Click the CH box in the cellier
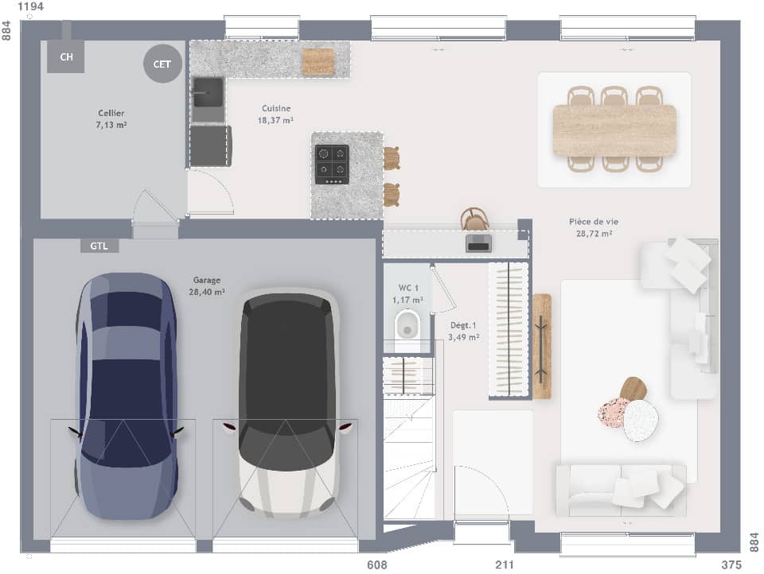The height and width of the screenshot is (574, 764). pyautogui.click(x=66, y=56)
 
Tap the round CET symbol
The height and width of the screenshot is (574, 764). pyautogui.click(x=162, y=64)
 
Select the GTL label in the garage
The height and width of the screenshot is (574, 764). pyautogui.click(x=99, y=246)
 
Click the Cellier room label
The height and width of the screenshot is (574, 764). pyautogui.click(x=111, y=118)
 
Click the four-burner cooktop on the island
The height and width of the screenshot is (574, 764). pyautogui.click(x=332, y=164)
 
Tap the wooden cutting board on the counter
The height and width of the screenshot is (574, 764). pyautogui.click(x=318, y=61)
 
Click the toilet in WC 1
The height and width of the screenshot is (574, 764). pyautogui.click(x=407, y=326)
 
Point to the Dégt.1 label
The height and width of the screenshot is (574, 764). pyautogui.click(x=464, y=331)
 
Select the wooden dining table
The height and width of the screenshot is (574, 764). pyautogui.click(x=614, y=130)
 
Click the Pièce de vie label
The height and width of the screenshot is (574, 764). pyautogui.click(x=594, y=227)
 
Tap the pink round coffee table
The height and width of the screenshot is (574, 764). pyautogui.click(x=613, y=413)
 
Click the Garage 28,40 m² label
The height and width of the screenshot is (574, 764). pyautogui.click(x=206, y=285)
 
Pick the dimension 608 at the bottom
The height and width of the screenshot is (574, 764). pyautogui.click(x=377, y=565)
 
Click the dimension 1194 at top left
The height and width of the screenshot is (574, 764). pyautogui.click(x=30, y=7)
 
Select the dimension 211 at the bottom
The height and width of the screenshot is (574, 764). pyautogui.click(x=505, y=565)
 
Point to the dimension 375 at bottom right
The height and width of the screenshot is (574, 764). pyautogui.click(x=730, y=565)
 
